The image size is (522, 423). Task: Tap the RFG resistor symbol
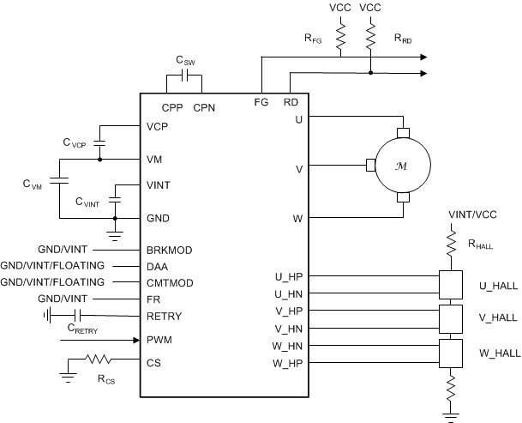(x=341, y=38)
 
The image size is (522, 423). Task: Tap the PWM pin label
(x=159, y=340)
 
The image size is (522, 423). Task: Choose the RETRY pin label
(x=165, y=316)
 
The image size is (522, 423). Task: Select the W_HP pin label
(x=286, y=362)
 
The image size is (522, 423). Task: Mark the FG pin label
(x=261, y=102)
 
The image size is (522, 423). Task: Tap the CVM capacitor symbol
(x=58, y=183)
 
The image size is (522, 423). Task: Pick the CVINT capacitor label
(x=87, y=202)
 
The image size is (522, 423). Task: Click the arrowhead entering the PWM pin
(x=135, y=340)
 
